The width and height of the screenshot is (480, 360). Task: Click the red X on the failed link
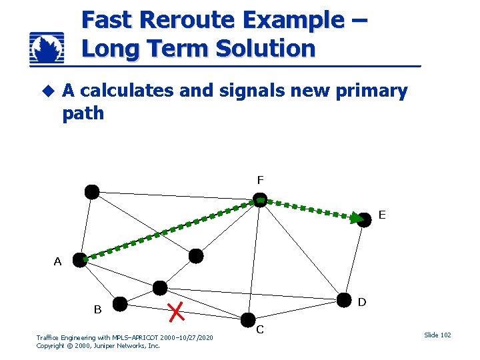[x=176, y=310]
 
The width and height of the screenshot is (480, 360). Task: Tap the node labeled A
[x=80, y=260]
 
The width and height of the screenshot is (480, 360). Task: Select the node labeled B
[x=120, y=305]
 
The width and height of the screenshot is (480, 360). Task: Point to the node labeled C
[x=247, y=320]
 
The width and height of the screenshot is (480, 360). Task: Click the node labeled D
[x=345, y=299]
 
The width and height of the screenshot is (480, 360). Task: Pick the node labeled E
[x=364, y=220]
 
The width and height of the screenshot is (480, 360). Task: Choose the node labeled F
[x=261, y=200]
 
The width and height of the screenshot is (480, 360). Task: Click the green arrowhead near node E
[x=357, y=217]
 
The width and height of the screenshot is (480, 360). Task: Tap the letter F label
[x=260, y=179]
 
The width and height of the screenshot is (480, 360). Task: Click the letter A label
[x=58, y=262]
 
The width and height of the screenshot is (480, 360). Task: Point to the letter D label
[x=361, y=302]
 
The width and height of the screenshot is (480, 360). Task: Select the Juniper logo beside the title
[x=47, y=48]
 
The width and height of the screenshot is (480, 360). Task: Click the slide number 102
[x=438, y=335]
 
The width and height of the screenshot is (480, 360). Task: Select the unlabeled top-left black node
[x=92, y=192]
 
